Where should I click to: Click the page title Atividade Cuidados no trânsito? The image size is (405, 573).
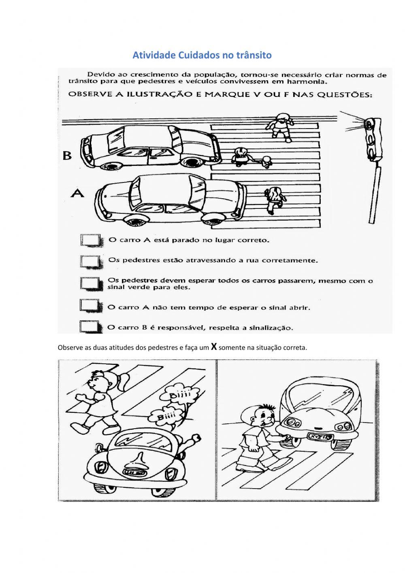[202, 55]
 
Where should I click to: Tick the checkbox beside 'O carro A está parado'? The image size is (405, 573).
[90, 240]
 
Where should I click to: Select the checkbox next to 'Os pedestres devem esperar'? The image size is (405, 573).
[90, 283]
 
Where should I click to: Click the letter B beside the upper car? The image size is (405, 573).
[66, 155]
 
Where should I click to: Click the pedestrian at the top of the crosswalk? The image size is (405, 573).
[281, 126]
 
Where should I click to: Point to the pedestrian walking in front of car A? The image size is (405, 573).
[273, 199]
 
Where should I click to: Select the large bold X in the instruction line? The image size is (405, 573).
[214, 346]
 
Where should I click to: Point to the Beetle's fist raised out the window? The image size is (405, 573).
[196, 438]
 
